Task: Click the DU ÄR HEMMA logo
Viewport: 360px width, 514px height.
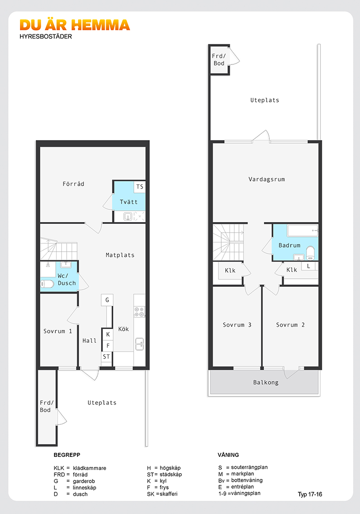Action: [75, 25]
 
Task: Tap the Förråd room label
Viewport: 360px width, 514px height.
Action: [73, 184]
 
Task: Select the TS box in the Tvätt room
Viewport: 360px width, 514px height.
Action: [140, 187]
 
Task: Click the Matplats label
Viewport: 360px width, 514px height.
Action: [120, 255]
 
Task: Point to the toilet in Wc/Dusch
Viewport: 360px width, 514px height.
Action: [47, 284]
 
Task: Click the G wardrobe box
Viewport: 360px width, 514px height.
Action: [107, 300]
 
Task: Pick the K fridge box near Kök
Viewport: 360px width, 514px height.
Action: [108, 335]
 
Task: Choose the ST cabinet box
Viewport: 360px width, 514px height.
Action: [107, 357]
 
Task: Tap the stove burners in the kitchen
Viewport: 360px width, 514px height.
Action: [139, 312]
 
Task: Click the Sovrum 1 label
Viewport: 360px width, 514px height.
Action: [58, 331]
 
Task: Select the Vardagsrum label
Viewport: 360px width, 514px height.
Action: [267, 179]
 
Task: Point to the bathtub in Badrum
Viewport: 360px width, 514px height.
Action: [302, 230]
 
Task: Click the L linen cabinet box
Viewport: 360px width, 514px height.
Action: [308, 266]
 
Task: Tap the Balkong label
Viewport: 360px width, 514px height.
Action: [266, 383]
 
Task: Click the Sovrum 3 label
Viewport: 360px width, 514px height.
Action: [237, 325]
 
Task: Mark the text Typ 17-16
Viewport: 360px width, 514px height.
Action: [310, 495]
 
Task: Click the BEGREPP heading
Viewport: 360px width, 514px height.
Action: [67, 455]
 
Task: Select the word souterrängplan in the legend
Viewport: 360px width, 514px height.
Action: [249, 467]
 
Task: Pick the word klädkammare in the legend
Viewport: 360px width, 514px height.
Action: [89, 468]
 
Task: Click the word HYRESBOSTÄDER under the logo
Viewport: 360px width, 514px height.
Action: [46, 36]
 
